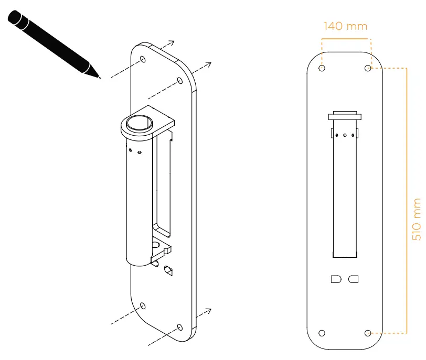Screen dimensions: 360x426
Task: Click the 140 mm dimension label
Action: coord(345,26)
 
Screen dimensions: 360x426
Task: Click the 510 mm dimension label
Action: coord(417,219)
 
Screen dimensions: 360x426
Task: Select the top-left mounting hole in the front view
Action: coord(322,68)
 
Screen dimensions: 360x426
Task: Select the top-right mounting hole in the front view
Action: coord(368,68)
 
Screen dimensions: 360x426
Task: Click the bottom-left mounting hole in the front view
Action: coord(322,333)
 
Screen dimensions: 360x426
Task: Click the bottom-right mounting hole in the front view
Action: coord(368,333)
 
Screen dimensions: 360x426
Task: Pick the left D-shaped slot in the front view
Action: coord(336,279)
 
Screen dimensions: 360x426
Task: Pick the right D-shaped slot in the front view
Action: coord(354,279)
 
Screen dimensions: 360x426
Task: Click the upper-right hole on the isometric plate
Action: coord(180,81)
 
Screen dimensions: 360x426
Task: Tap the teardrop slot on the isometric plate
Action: coord(169,270)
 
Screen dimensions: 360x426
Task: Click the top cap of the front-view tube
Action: coord(344,116)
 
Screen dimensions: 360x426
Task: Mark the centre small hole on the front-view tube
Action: coord(344,135)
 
